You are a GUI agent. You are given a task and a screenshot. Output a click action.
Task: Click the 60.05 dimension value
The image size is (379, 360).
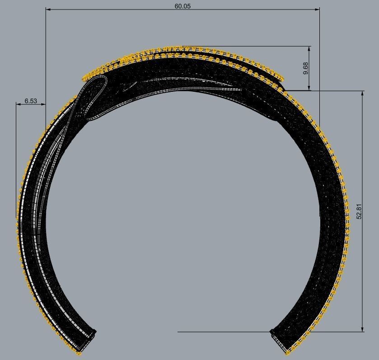point(182,6)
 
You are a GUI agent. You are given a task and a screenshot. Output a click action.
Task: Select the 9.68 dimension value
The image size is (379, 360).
point(306,68)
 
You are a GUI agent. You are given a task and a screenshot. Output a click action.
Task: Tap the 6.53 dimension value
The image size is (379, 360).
point(31,101)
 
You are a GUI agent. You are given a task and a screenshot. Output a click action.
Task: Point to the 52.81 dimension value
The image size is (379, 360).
point(359,212)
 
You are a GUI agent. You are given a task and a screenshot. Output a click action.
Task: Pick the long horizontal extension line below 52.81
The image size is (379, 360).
point(226,332)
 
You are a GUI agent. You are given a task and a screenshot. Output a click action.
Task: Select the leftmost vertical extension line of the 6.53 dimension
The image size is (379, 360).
point(16,158)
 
